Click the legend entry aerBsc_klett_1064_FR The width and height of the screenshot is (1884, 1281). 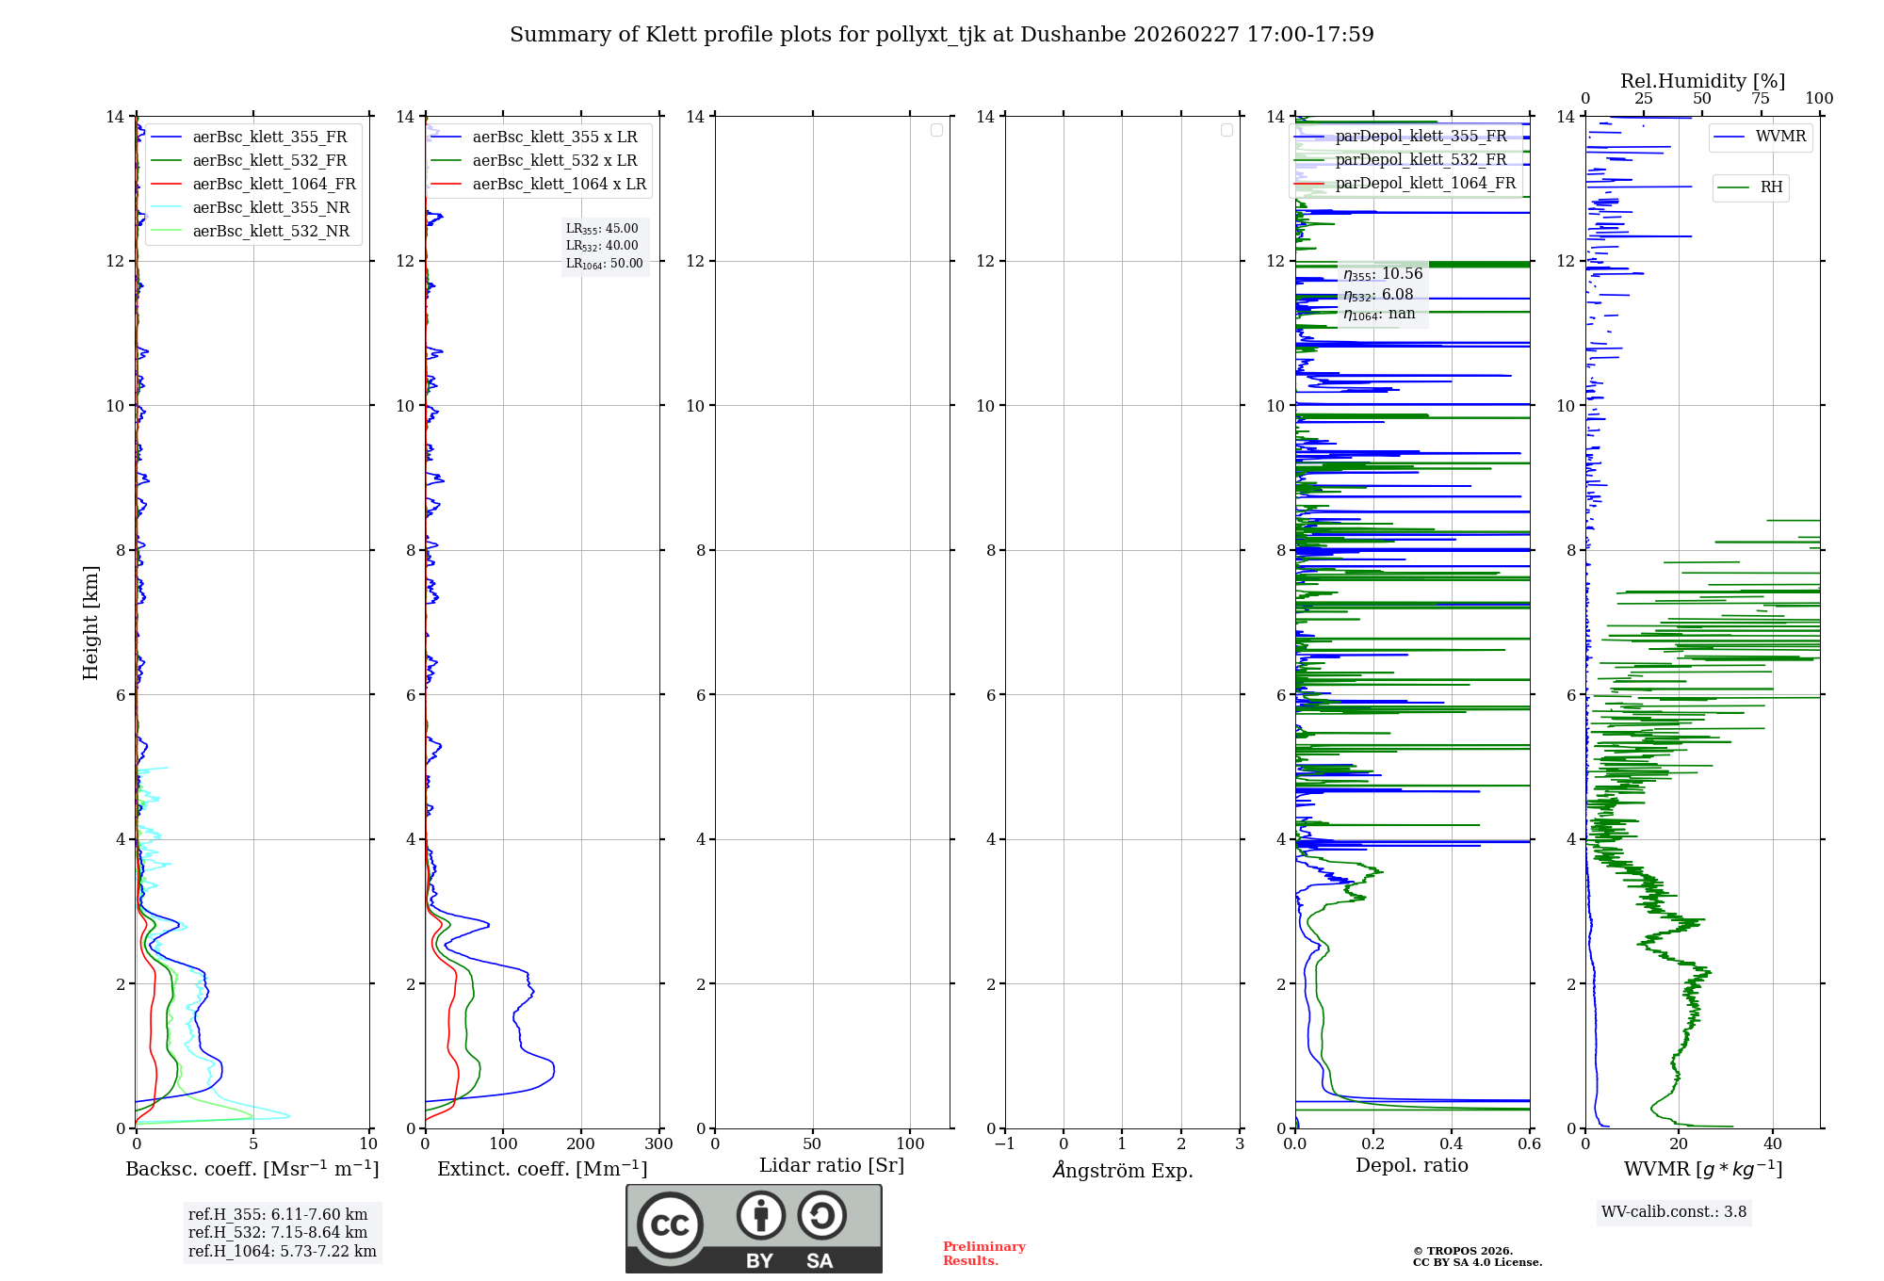274,185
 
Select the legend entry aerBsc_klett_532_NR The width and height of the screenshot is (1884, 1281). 270,232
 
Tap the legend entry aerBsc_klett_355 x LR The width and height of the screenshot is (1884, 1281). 554,138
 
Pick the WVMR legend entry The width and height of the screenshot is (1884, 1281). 1780,137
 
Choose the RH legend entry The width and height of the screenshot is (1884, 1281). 1771,187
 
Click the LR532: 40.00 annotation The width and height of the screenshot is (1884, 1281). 602,246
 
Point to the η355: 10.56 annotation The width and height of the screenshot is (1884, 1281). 1383,274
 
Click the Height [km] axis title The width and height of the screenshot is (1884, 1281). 90,623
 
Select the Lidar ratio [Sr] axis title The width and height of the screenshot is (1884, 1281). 832,1166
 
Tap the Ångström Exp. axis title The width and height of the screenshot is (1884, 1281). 1122,1171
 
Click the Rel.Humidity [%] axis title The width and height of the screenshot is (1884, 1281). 1702,81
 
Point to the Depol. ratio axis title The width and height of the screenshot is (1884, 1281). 1411,1166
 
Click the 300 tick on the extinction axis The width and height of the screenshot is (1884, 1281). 658,1144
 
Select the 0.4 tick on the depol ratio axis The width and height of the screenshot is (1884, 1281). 1452,1144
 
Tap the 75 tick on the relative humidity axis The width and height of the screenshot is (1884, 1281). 1760,99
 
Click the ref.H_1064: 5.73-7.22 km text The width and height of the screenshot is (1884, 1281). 282,1252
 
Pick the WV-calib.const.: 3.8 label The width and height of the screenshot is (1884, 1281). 1674,1212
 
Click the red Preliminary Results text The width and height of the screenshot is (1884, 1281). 983,1254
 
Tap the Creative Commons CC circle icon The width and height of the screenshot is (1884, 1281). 670,1225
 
